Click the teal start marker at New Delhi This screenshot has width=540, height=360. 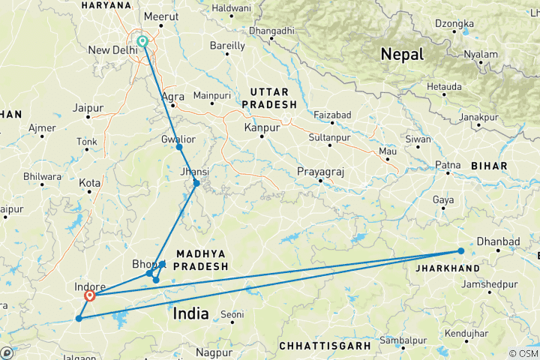[142, 41]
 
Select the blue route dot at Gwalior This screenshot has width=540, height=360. [179, 147]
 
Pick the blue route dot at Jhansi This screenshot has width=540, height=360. [196, 183]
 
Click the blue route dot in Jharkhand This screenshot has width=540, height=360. [460, 251]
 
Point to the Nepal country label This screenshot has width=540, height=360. [402, 54]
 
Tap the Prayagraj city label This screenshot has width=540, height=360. [320, 172]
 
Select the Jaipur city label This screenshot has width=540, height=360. [88, 108]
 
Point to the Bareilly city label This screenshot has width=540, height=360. [227, 46]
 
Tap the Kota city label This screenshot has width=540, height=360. [91, 183]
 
